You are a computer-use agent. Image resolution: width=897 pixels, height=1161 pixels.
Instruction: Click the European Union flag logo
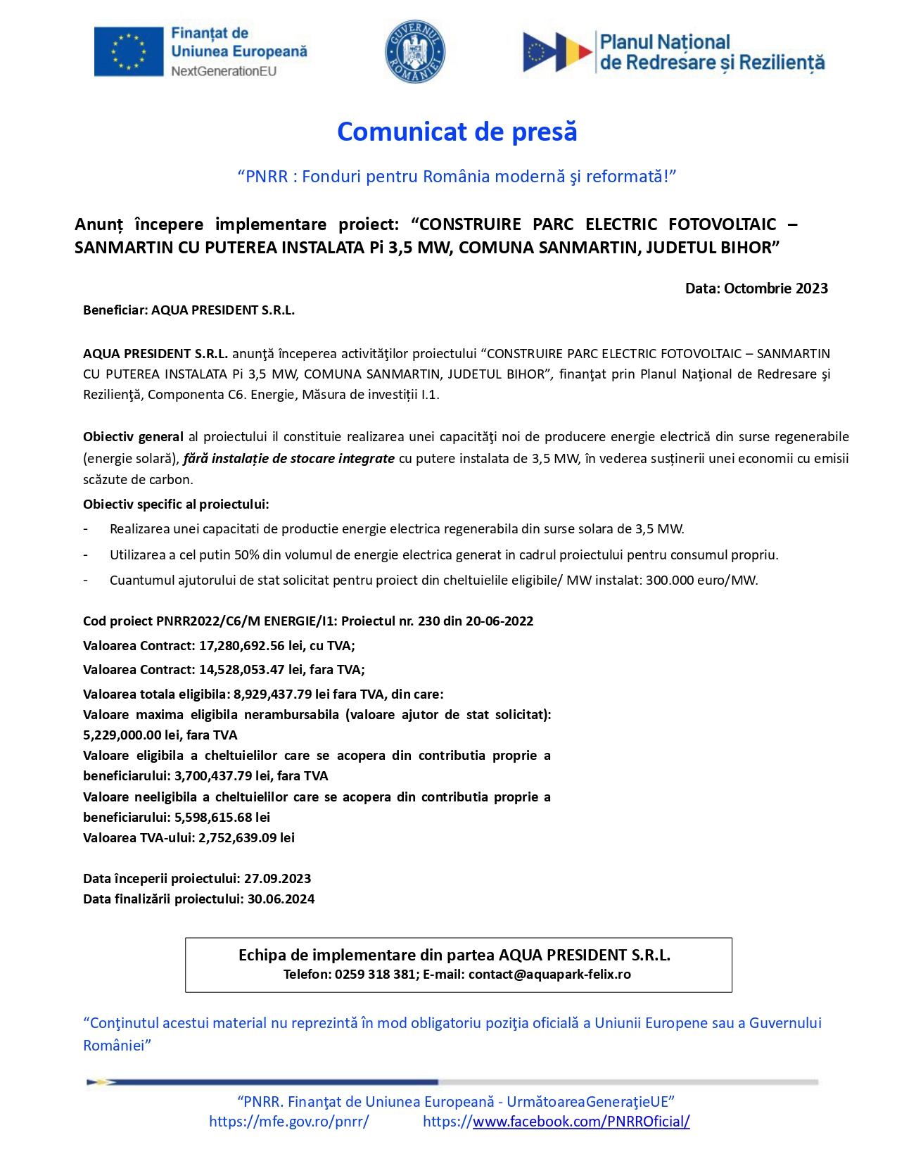click(128, 51)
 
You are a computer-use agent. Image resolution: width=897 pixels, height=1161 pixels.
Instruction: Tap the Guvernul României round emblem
click(414, 51)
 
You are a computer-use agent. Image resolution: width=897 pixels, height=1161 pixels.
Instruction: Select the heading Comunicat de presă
click(457, 132)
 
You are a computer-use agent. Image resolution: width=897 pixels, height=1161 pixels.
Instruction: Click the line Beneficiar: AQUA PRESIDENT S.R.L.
click(189, 310)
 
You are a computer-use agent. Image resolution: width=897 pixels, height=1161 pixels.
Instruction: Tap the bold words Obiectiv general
click(133, 437)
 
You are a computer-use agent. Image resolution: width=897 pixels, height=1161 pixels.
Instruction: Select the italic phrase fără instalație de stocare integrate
click(288, 459)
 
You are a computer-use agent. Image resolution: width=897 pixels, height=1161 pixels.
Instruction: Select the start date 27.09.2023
click(277, 879)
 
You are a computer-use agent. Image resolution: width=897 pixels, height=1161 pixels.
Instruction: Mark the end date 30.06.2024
click(281, 899)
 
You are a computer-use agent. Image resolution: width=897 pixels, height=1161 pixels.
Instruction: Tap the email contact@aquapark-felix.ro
click(549, 975)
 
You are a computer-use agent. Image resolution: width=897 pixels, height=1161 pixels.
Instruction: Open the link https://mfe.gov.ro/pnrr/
click(288, 1122)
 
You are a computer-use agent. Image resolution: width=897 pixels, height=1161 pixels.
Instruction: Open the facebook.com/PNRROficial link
click(556, 1122)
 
